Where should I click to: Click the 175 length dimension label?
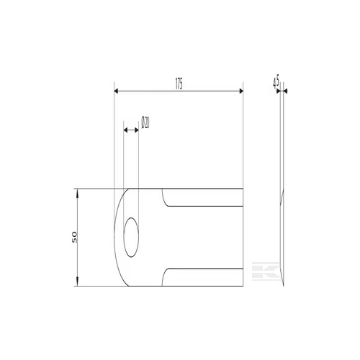click(x=179, y=84)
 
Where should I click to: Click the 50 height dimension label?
click(x=74, y=237)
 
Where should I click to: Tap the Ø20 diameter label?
click(x=145, y=122)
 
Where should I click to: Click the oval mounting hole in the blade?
click(x=131, y=238)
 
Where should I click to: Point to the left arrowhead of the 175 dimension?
click(x=117, y=91)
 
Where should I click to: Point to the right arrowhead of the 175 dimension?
click(x=240, y=91)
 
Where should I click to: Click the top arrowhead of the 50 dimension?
click(x=77, y=192)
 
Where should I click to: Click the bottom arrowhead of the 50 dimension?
click(x=77, y=283)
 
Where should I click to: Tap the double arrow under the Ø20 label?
click(x=131, y=130)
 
